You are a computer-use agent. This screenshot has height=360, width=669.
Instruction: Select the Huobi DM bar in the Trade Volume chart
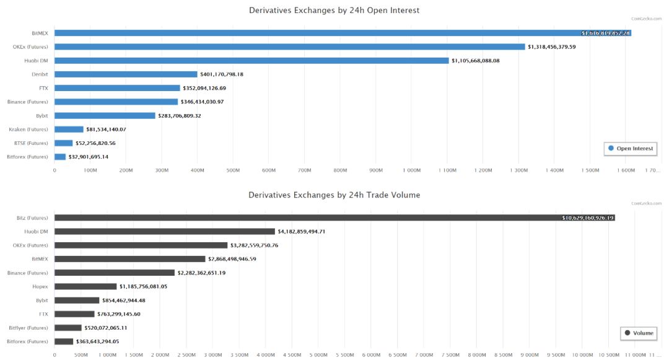[x=164, y=231]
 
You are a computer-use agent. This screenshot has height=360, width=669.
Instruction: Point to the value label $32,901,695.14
[x=88, y=157]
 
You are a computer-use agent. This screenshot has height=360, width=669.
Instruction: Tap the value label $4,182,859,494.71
[x=310, y=231]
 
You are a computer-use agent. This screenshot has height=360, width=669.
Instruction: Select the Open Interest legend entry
[x=630, y=149]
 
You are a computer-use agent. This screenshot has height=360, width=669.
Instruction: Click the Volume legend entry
[x=639, y=333]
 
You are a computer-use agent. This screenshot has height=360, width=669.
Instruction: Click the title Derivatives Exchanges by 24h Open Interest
[x=334, y=10]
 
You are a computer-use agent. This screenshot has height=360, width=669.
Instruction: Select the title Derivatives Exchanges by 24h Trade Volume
[x=334, y=195]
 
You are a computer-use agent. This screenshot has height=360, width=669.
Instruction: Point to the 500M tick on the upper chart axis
[x=233, y=170]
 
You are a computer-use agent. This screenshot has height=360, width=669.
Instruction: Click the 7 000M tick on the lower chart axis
[x=424, y=355]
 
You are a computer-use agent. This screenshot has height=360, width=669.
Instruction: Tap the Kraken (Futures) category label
[x=28, y=130]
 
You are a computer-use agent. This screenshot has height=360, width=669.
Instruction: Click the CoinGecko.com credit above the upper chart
[x=646, y=19]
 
